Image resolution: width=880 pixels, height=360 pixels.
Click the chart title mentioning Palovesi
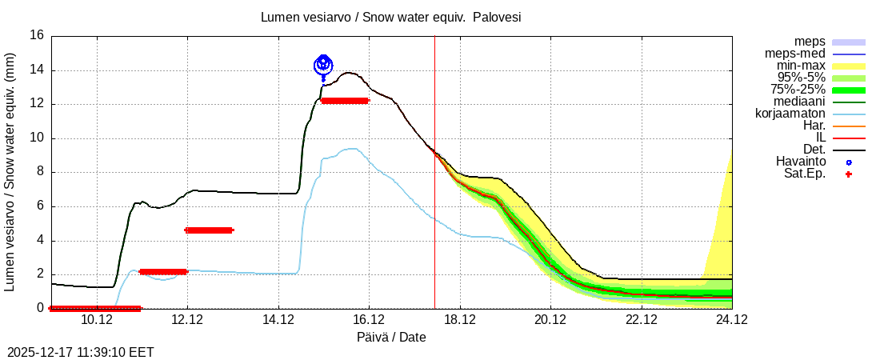[x=391, y=17]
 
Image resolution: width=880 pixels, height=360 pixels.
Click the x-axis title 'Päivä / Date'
[x=391, y=338]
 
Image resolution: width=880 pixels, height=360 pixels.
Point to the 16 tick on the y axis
[x=37, y=35]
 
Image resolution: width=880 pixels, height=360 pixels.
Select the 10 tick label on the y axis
[x=37, y=138]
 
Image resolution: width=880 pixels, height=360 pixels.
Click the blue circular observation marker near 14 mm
[x=323, y=65]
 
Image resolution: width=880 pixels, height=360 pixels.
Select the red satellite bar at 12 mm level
[x=344, y=101]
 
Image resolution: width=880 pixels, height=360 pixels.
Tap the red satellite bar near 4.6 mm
[x=209, y=230]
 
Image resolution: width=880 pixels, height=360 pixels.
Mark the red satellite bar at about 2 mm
[x=162, y=272]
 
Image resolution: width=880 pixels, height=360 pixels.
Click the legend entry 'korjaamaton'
[x=790, y=114]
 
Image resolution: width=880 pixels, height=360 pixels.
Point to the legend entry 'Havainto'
[x=801, y=162]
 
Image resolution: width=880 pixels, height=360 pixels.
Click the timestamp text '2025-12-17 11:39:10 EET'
[x=80, y=352]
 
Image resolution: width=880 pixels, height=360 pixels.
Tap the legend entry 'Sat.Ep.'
[x=804, y=174]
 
